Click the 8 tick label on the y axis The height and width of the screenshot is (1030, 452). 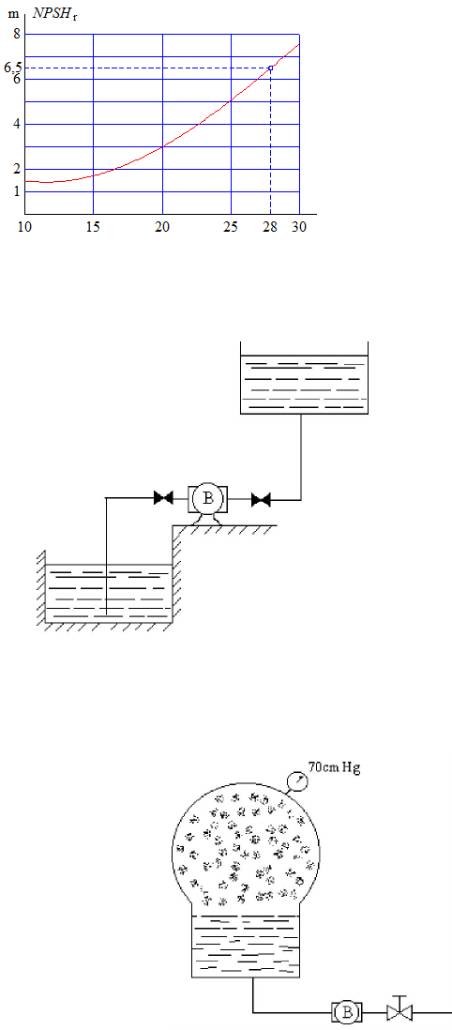(17, 35)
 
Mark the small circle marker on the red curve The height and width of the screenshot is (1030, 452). (270, 68)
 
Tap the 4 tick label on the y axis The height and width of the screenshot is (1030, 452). (17, 125)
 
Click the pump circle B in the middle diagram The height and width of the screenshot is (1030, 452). (207, 498)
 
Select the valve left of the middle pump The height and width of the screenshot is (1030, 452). (163, 498)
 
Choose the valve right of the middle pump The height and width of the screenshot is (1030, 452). (262, 500)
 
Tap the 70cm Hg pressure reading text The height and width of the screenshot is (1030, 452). (335, 765)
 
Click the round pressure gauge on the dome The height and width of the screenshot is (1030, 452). (297, 781)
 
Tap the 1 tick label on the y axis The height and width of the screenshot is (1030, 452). (17, 191)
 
